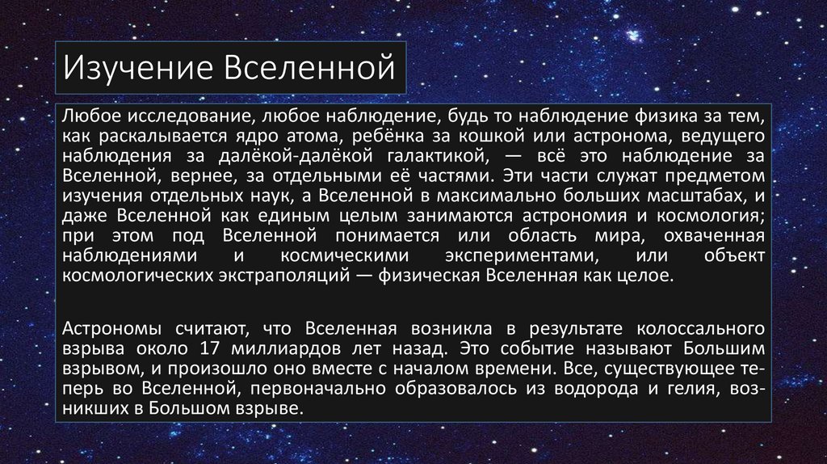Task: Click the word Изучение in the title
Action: pos(137,69)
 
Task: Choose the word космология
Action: pos(711,216)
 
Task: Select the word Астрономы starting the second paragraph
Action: pos(111,329)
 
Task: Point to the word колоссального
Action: pos(700,329)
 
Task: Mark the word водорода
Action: pos(596,389)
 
